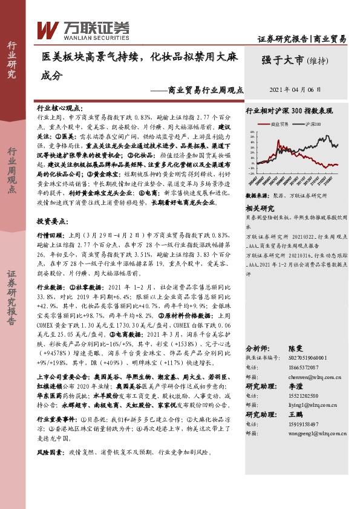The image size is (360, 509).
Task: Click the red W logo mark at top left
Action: click(x=48, y=29)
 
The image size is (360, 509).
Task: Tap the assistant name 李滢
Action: click(x=295, y=386)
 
